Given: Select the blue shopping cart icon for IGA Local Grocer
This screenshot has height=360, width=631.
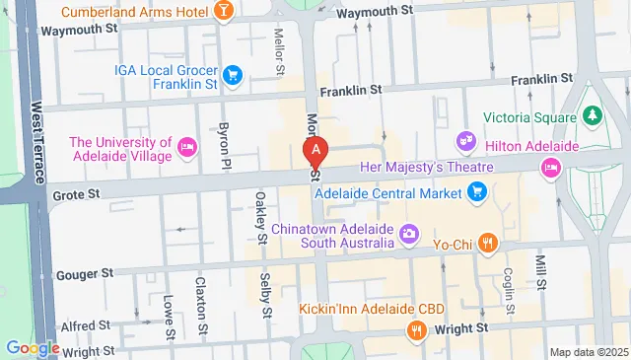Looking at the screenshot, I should (x=233, y=74).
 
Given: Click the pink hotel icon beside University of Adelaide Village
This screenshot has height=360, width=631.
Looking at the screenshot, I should (x=187, y=148).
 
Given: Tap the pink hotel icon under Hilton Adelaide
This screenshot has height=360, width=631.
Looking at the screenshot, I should (x=550, y=169).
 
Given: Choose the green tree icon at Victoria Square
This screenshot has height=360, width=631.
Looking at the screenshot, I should (x=592, y=116).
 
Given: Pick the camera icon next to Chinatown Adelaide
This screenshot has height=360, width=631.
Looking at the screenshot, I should (x=410, y=234).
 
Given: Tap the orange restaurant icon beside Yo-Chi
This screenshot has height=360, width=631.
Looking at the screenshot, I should (x=487, y=242).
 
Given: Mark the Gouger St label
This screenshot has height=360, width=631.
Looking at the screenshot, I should (x=85, y=273).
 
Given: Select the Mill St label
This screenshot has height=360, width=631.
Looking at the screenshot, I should (x=540, y=267).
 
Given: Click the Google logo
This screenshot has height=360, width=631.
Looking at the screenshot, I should (x=33, y=347).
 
